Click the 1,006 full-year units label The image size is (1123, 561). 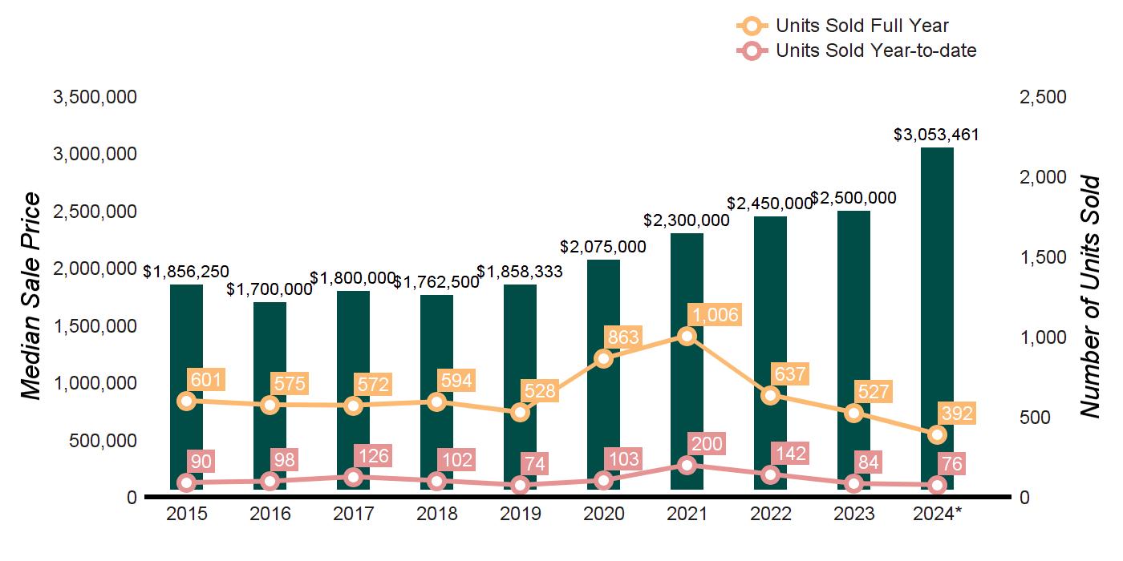[x=716, y=315]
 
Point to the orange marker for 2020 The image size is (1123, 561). [x=603, y=358]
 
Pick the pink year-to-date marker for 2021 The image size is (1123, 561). [x=687, y=465]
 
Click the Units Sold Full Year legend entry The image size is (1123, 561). [x=842, y=26]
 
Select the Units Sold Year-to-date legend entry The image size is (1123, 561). [x=856, y=51]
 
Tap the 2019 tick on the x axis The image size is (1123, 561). [x=520, y=514]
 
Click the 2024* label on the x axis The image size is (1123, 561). [x=937, y=514]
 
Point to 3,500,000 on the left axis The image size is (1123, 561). [x=95, y=98]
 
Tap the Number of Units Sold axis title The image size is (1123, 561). [x=1089, y=297]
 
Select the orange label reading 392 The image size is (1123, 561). [x=957, y=414]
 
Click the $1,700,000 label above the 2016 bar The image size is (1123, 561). [x=270, y=289]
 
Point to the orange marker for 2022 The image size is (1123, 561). [x=770, y=395]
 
